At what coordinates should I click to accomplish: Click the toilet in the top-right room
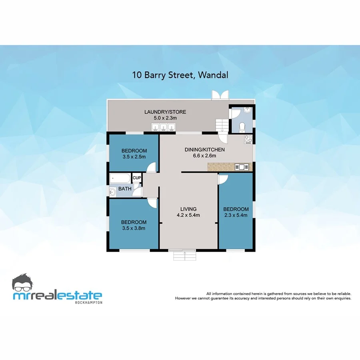pyautogui.click(x=241, y=127)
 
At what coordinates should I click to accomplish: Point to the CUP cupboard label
pyautogui.click(x=137, y=178)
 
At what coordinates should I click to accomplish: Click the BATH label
pyautogui.click(x=124, y=189)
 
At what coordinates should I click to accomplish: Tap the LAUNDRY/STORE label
pyautogui.click(x=165, y=112)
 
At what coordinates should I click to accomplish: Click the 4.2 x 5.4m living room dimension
pyautogui.click(x=188, y=215)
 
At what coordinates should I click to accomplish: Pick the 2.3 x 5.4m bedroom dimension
pyautogui.click(x=236, y=215)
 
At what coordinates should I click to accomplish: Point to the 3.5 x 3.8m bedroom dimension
pyautogui.click(x=133, y=228)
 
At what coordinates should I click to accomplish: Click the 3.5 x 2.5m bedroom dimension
pyautogui.click(x=134, y=157)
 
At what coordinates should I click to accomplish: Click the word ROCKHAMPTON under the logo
pyautogui.click(x=89, y=302)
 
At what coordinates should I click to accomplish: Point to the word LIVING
pyautogui.click(x=188, y=209)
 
